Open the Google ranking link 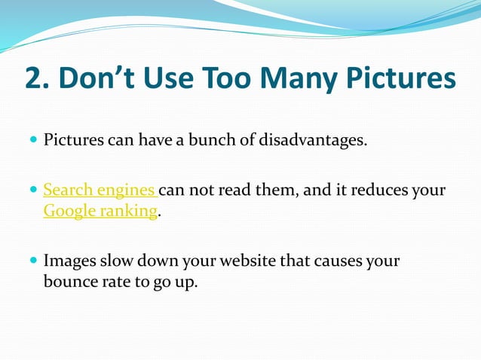click(100, 211)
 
